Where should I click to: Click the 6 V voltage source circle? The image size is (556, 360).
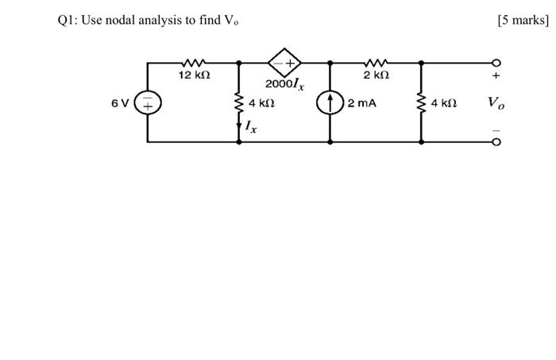point(148,103)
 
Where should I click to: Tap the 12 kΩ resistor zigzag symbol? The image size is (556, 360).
point(193,61)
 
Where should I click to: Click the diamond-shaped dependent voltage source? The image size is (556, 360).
point(284,61)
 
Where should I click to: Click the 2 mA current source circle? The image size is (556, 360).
point(330,103)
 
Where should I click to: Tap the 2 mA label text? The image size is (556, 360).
point(361,103)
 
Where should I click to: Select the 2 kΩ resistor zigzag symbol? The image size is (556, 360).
point(376,61)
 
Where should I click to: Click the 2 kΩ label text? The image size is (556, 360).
point(376,75)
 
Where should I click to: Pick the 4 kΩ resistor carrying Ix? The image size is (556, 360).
point(239,102)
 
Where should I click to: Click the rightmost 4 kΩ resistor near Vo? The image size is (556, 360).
point(421,103)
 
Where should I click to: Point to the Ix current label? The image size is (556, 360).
point(250,126)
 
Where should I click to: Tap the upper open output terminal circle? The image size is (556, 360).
point(497,61)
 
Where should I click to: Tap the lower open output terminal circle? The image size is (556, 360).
point(497,143)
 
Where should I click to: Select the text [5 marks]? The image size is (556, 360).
point(523,21)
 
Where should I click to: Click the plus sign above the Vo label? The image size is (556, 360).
point(497,77)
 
